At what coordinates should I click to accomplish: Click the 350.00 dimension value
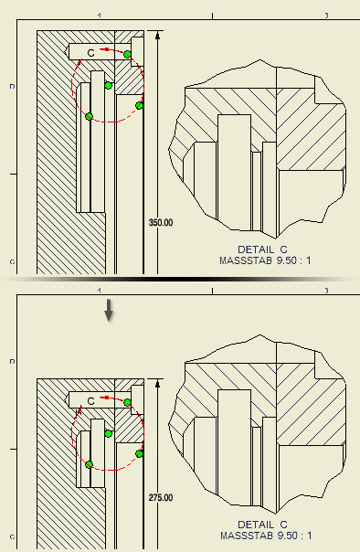[x=161, y=222]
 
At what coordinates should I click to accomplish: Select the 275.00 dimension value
[x=161, y=498]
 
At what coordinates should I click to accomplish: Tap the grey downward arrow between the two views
[x=109, y=310]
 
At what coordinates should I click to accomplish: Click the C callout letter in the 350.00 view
[x=90, y=53]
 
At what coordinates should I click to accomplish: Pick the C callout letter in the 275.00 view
[x=90, y=401]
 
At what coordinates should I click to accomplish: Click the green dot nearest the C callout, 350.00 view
[x=127, y=54]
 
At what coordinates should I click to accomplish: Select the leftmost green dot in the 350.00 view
[x=89, y=117]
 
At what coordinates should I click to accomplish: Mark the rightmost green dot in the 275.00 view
[x=140, y=454]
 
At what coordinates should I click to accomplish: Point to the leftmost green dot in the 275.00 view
[x=89, y=464]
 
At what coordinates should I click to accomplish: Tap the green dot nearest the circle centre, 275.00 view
[x=109, y=434]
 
